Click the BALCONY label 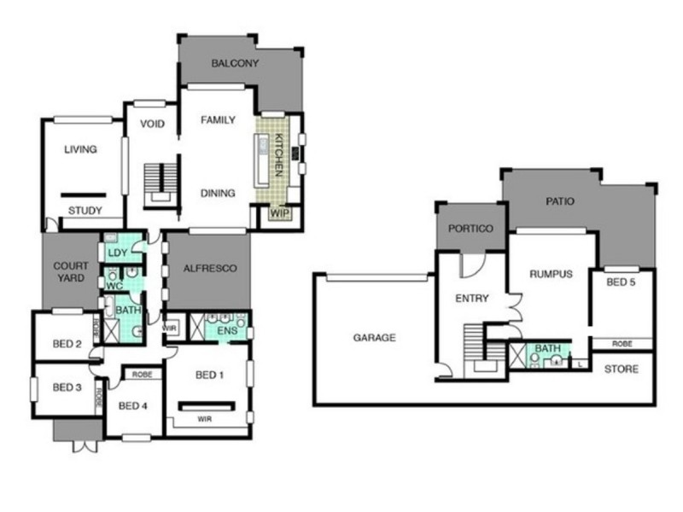235,63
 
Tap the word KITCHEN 279,155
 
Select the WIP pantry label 279,213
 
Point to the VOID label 153,124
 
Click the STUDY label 85,211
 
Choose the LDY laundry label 118,253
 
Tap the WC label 114,286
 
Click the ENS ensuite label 227,331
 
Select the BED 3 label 67,387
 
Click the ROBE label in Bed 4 142,375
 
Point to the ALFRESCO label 210,269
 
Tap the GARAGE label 375,337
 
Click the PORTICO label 471,229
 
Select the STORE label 622,369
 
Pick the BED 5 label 621,282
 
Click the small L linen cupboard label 581,364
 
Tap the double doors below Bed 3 85,446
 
